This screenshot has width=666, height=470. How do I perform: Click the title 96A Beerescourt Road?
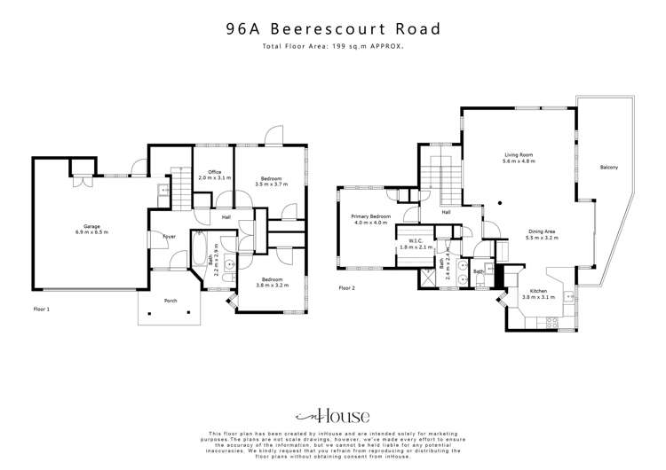click(x=333, y=28)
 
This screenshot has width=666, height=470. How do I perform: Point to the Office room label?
click(x=214, y=171)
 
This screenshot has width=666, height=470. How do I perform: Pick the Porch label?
click(x=170, y=301)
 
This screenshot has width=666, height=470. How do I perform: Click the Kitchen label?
click(x=538, y=291)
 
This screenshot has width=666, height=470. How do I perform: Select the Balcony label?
click(x=608, y=168)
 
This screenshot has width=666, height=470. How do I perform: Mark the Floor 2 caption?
click(x=346, y=288)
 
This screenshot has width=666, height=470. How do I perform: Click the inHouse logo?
click(x=332, y=416)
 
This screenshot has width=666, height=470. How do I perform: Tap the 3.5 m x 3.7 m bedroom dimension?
click(x=272, y=184)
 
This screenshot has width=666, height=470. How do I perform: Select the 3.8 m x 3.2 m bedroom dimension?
click(x=272, y=284)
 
